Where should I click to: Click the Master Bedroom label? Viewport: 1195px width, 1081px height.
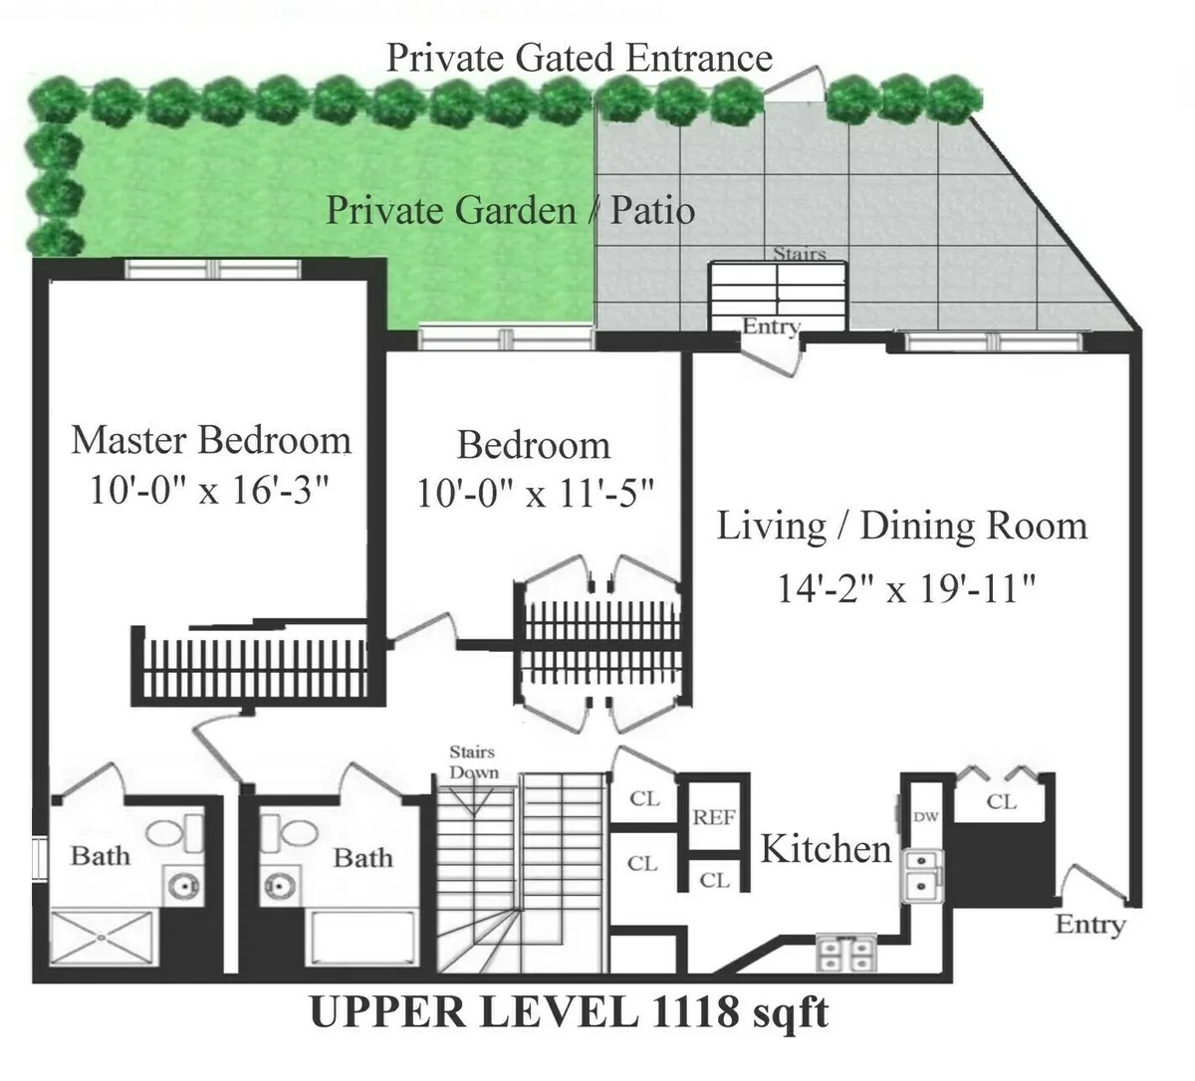[211, 440]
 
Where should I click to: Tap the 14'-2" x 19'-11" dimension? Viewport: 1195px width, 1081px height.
[906, 589]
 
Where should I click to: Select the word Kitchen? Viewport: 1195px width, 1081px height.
[826, 849]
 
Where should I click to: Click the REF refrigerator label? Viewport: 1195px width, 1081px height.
[714, 817]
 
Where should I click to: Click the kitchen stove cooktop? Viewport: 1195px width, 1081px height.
[845, 953]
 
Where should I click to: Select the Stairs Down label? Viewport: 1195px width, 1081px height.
[473, 761]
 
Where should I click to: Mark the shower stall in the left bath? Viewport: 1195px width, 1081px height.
[105, 938]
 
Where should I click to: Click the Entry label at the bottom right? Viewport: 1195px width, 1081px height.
[1089, 924]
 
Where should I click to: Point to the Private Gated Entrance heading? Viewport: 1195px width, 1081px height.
[579, 58]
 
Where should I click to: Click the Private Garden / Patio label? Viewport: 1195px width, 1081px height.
[510, 211]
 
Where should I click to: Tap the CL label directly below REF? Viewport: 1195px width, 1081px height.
[714, 880]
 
